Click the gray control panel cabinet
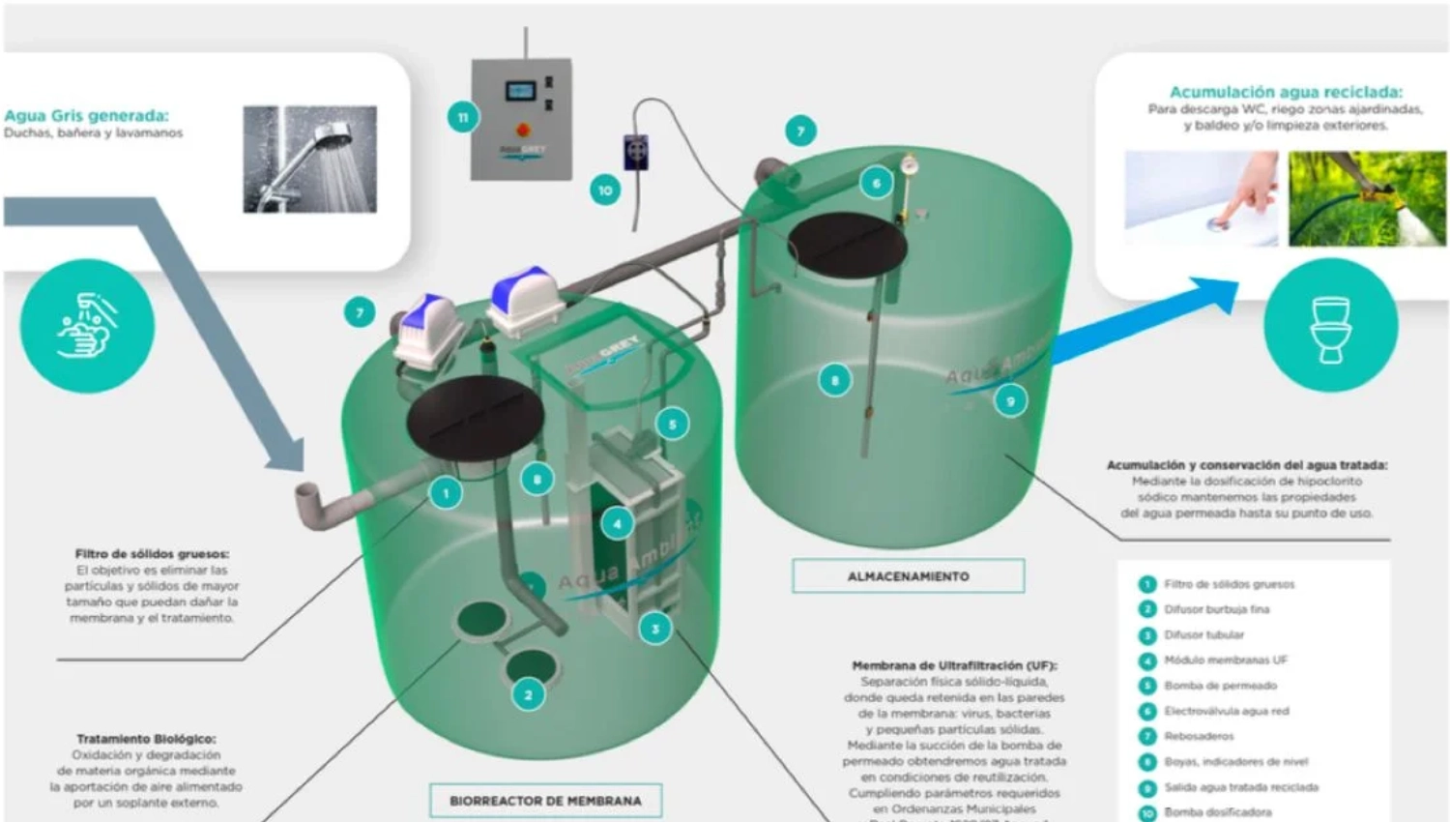521,119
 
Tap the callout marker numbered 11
463,118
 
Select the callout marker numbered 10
605,190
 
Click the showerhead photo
310,160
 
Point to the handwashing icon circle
87,326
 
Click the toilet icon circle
1330,326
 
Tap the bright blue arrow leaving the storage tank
1141,319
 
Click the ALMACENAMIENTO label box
908,576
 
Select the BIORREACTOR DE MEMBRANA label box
545,801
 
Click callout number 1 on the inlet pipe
446,493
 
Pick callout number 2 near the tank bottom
528,694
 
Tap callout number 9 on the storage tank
1010,401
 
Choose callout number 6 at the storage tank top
877,183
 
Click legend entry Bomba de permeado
1220,686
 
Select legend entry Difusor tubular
1203,635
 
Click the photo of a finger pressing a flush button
1201,198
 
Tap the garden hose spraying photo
1367,198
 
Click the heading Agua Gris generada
86,116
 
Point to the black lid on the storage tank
847,244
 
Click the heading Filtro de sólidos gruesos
152,554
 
